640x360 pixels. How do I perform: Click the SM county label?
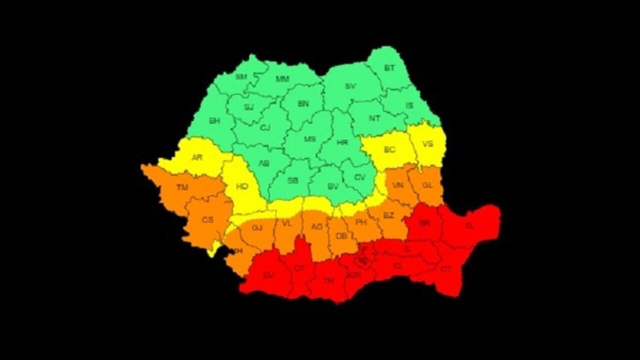(x=241, y=77)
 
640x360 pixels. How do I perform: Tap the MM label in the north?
(x=282, y=79)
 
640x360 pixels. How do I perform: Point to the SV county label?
(x=350, y=86)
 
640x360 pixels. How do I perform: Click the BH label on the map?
(x=214, y=121)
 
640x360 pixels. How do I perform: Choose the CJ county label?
(x=265, y=128)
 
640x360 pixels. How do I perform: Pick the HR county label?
(x=342, y=142)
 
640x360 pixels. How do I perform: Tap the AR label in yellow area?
(x=197, y=157)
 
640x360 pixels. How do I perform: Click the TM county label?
(x=182, y=188)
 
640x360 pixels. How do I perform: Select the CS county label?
(x=207, y=220)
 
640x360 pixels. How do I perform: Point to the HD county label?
(x=242, y=186)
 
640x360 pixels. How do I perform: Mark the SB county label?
(x=293, y=180)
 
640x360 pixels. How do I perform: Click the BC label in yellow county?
(x=389, y=149)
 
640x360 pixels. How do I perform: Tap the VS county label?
(x=428, y=144)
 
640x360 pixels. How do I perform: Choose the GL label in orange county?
(x=427, y=185)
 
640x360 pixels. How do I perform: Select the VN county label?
(x=398, y=185)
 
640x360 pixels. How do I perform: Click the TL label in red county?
(x=469, y=226)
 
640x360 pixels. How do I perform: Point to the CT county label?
(x=446, y=269)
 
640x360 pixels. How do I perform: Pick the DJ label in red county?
(x=268, y=275)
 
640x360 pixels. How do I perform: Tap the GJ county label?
(x=257, y=228)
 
